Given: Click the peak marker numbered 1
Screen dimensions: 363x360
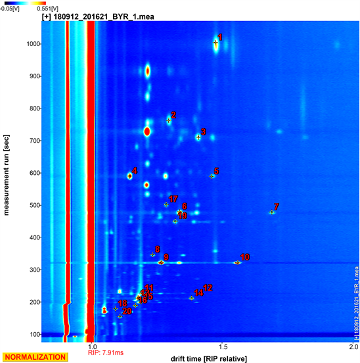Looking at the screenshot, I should [x=215, y=43].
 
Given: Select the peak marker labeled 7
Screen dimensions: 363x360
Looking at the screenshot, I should [x=272, y=212].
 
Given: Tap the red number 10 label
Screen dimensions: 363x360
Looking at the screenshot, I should [x=245, y=257].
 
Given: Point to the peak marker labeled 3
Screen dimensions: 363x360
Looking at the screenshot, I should [x=198, y=137].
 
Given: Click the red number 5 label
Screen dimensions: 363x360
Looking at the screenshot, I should [x=217, y=171].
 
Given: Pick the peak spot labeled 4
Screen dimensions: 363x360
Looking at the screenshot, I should [x=130, y=176].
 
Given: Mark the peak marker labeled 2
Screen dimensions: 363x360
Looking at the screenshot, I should [x=169, y=120].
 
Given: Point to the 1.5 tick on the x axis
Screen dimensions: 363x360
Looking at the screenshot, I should [x=223, y=346].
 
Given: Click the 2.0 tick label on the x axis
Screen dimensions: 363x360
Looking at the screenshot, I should [x=353, y=346].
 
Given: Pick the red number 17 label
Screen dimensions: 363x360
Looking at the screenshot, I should [x=173, y=199].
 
